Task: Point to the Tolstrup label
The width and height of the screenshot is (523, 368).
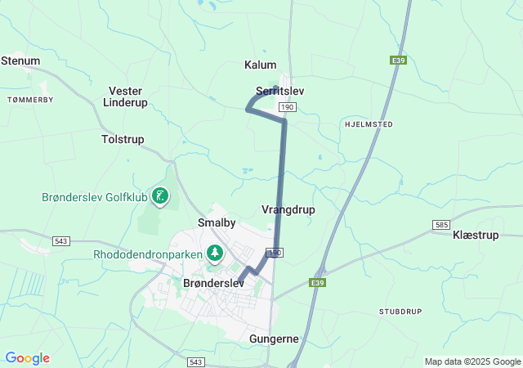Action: click(x=123, y=140)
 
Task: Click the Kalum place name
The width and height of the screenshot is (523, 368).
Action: click(x=261, y=65)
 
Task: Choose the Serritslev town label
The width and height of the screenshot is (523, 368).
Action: click(x=279, y=91)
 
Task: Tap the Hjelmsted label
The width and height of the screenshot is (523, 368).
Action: click(x=369, y=124)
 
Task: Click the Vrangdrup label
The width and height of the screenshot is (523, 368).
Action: click(x=288, y=210)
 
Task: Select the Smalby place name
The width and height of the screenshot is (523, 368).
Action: click(x=217, y=222)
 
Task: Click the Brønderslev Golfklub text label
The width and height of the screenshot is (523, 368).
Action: click(x=94, y=197)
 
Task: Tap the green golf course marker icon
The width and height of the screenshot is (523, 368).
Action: click(x=161, y=196)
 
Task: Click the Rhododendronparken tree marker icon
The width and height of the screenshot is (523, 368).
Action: click(x=215, y=254)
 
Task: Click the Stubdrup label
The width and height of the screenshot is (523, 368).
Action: click(x=400, y=312)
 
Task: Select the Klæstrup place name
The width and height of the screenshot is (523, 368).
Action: click(x=475, y=235)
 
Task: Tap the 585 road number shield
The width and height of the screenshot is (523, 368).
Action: click(x=442, y=224)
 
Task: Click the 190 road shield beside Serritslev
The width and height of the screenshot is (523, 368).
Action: click(x=286, y=107)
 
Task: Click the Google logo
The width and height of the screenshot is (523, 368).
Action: click(x=27, y=358)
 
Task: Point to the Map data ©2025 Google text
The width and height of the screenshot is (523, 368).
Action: click(x=472, y=361)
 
